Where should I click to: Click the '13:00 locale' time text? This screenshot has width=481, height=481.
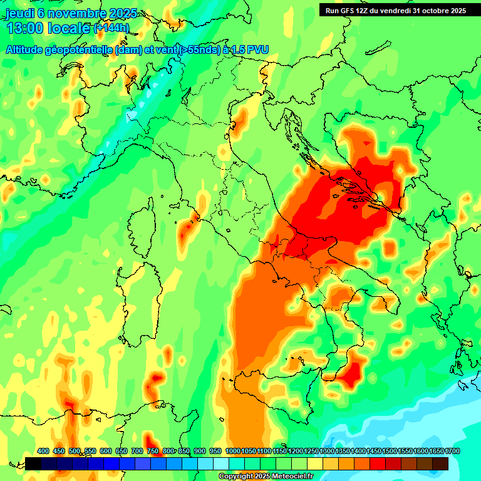[x=49, y=28]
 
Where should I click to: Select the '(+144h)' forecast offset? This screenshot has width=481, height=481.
[x=111, y=28]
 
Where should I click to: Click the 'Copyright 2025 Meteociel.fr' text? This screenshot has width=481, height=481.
[x=266, y=477]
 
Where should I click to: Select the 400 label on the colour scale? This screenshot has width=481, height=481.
[x=43, y=451]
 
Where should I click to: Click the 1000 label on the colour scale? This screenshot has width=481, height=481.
[x=233, y=451]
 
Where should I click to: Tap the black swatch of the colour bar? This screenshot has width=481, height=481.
[x=33, y=463]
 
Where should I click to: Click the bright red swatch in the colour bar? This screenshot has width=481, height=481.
[x=378, y=463]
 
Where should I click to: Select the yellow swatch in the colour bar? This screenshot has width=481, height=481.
[x=315, y=463]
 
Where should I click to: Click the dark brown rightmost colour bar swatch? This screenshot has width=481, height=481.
[x=440, y=463]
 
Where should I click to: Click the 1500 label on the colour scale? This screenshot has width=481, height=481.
[x=390, y=451]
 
